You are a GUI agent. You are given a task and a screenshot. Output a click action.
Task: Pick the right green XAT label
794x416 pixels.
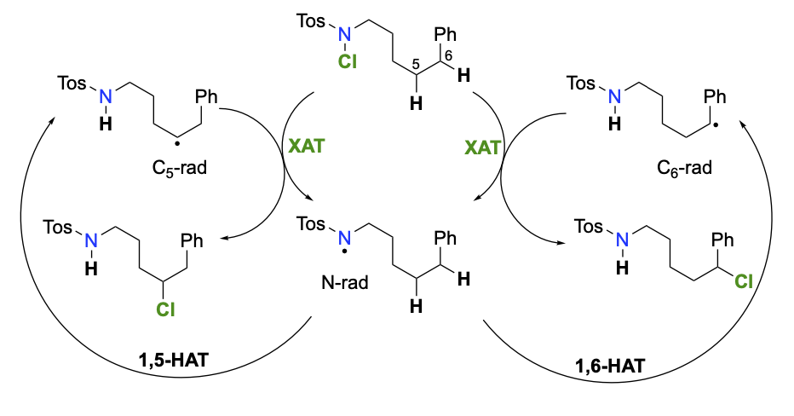point(483,147)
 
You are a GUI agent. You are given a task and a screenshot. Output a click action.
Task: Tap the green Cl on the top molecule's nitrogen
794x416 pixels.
point(343,62)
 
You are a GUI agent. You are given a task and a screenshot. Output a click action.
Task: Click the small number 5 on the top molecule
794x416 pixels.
point(416,62)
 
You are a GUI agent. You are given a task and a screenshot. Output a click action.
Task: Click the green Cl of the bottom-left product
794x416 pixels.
point(164,311)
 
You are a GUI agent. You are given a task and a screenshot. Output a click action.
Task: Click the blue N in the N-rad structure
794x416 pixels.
point(342,232)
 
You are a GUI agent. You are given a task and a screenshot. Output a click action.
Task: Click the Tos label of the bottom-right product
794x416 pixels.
point(594,227)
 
